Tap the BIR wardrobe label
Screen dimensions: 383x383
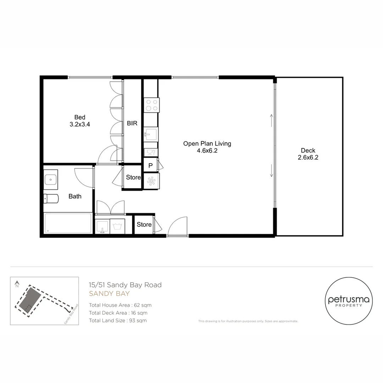tap(132, 123)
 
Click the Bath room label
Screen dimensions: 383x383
tap(75, 196)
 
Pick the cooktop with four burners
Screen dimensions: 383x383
tap(151, 105)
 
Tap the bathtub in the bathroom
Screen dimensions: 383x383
tap(68, 223)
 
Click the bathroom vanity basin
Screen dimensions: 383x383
tap(51, 179)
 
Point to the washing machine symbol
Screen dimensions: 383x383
tap(117, 226)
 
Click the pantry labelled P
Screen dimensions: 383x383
tap(150, 165)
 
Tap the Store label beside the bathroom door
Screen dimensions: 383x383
tap(133, 177)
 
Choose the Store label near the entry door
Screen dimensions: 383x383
tap(144, 224)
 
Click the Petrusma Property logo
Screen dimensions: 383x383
tap(349, 301)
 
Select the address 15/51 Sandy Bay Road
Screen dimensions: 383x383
tap(125, 285)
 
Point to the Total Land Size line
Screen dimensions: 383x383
tap(118, 321)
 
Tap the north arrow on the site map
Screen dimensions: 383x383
tap(17, 284)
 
